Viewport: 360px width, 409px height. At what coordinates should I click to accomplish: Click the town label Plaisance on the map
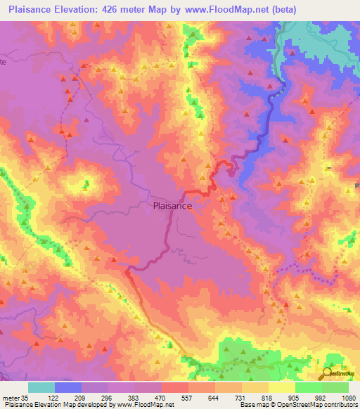point(172,207)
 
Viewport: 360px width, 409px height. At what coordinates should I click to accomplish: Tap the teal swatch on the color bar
point(41,387)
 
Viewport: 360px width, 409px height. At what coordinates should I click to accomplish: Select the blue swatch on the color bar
point(68,387)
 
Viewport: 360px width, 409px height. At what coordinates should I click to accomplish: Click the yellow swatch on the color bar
point(282,387)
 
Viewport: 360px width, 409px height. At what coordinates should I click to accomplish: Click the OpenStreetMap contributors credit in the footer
point(323,405)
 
